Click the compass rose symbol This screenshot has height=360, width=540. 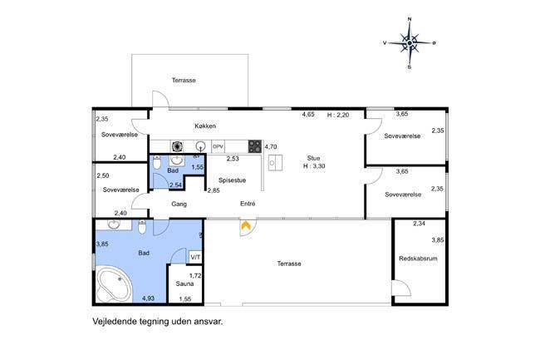(410, 43)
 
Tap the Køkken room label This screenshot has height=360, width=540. (205, 126)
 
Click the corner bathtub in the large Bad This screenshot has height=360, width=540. (114, 285)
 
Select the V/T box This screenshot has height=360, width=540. (195, 258)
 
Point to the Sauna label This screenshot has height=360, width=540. (184, 284)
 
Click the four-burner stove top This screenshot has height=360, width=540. (255, 146)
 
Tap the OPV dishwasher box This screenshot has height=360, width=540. (218, 146)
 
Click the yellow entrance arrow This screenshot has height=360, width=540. (246, 225)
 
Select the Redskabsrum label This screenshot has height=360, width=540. (418, 259)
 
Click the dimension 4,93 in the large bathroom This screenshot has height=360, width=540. (148, 298)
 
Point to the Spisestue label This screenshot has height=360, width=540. (232, 180)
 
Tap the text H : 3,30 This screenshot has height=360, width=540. (314, 166)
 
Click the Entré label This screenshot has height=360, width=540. (248, 204)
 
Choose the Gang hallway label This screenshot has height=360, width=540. (179, 204)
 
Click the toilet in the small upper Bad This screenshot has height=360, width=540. (157, 162)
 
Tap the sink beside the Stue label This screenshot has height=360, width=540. (276, 163)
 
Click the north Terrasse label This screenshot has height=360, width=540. (184, 81)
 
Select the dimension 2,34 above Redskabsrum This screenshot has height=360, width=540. (419, 224)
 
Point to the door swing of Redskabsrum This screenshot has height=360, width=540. (403, 288)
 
